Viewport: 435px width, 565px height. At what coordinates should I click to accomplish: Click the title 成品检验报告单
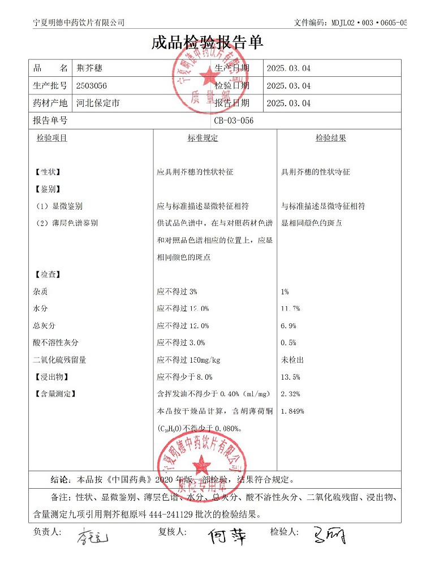pos(208,43)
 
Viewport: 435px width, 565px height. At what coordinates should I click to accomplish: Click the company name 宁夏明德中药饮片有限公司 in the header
pos(79,23)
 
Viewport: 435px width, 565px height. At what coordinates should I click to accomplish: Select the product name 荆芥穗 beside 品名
pos(90,68)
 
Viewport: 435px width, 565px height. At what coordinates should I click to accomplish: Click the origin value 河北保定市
pos(98,103)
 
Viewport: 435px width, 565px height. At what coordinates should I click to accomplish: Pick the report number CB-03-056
pos(234,120)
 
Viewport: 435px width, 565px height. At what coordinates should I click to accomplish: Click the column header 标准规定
pos(203,138)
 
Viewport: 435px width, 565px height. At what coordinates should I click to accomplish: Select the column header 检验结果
pos(330,138)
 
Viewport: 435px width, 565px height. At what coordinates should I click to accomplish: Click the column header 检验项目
pos(52,138)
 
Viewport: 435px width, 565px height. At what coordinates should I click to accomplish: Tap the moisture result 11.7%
pos(290,308)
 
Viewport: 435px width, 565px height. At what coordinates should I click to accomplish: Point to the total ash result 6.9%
pos(288,326)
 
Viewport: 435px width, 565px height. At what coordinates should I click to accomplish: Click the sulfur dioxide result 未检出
pos(292,360)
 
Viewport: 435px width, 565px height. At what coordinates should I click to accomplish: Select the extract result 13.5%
pos(290,377)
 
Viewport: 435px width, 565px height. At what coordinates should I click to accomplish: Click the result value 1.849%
pos(292,411)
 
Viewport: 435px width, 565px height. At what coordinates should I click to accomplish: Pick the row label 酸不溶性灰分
pos(56,343)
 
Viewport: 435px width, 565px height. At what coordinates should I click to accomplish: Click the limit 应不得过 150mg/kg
pos(188,360)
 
